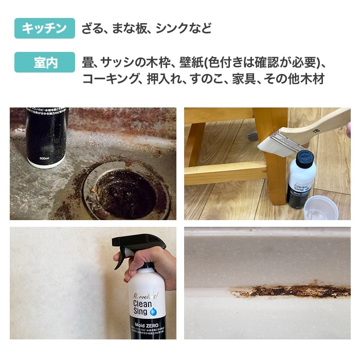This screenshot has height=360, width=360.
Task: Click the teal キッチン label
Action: tap(45, 28)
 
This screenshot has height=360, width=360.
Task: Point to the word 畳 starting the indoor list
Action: tap(87, 63)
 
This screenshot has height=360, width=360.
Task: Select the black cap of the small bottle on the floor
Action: tap(304, 159)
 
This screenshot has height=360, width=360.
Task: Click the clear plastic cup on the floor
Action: tap(320, 208)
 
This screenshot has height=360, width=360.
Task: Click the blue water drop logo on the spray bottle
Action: tap(153, 311)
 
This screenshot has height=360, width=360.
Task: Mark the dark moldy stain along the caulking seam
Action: tap(288, 292)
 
